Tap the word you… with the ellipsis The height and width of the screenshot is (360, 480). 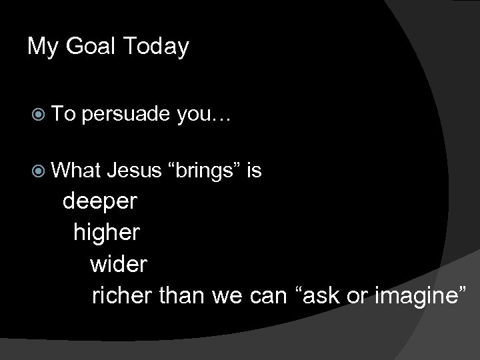203,115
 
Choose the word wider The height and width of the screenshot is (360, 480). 119,263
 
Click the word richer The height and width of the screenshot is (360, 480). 123,294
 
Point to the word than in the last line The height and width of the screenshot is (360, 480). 183,294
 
